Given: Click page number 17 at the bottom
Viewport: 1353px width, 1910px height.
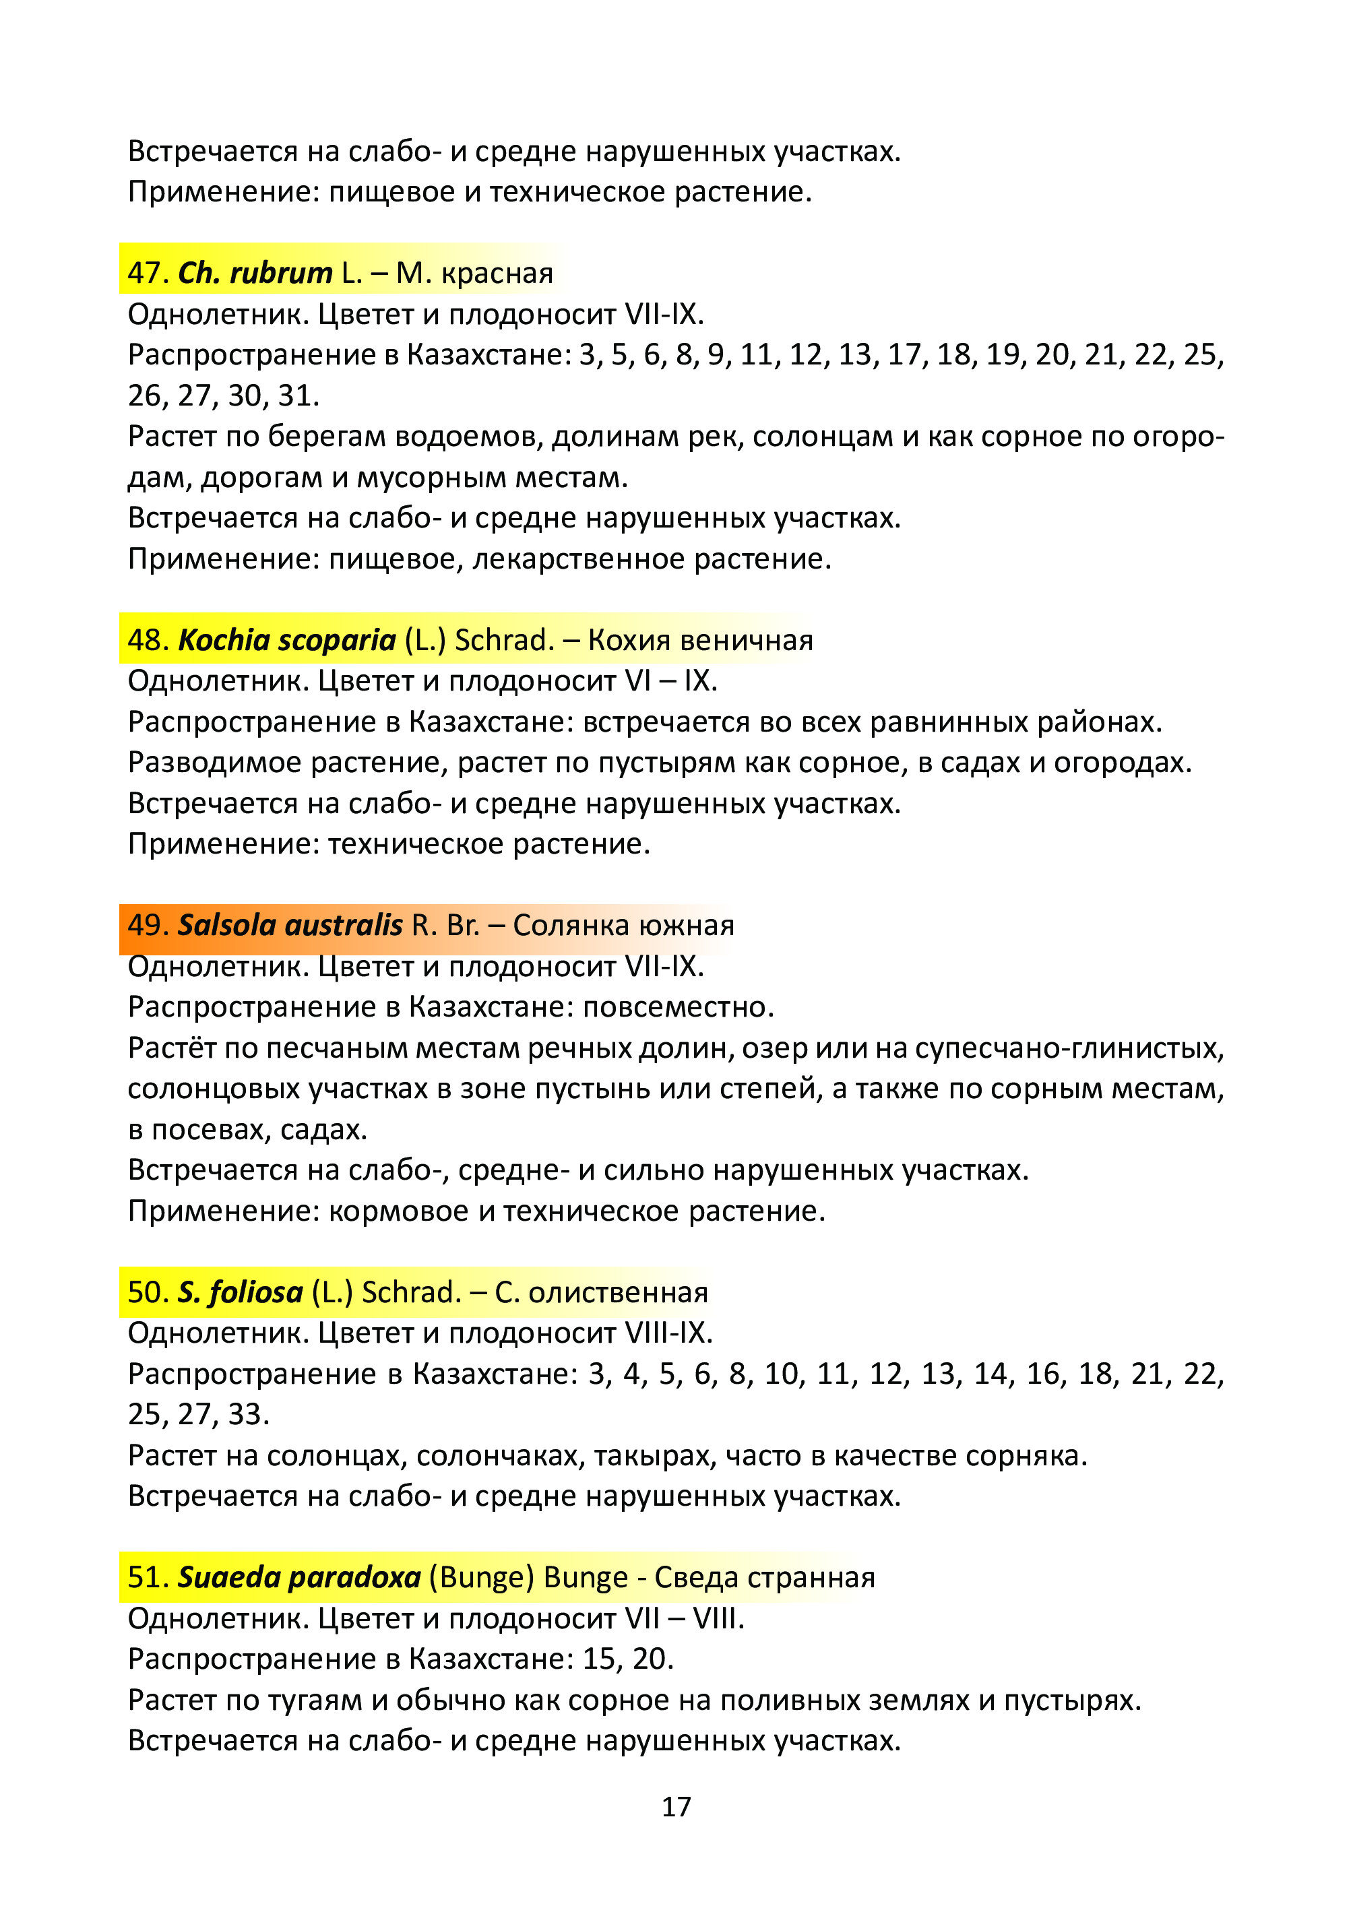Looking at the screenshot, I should (676, 1806).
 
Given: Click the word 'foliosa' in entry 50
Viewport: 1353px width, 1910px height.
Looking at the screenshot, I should (256, 1292).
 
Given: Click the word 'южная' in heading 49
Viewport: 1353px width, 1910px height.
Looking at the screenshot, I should (687, 926).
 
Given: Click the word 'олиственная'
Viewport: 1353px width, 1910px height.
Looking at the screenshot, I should (618, 1293).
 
